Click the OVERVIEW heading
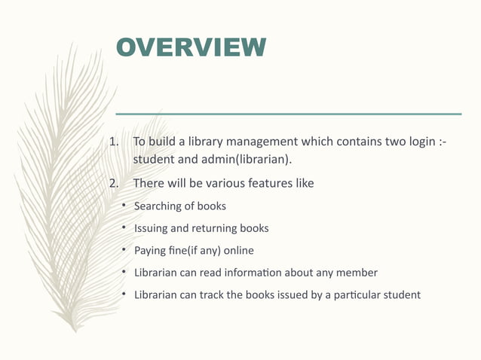point(191,47)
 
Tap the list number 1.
point(115,142)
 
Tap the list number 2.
point(115,183)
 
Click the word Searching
point(159,206)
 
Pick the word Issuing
point(151,228)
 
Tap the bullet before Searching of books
point(124,206)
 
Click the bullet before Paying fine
point(124,249)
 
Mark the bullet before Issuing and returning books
point(124,227)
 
